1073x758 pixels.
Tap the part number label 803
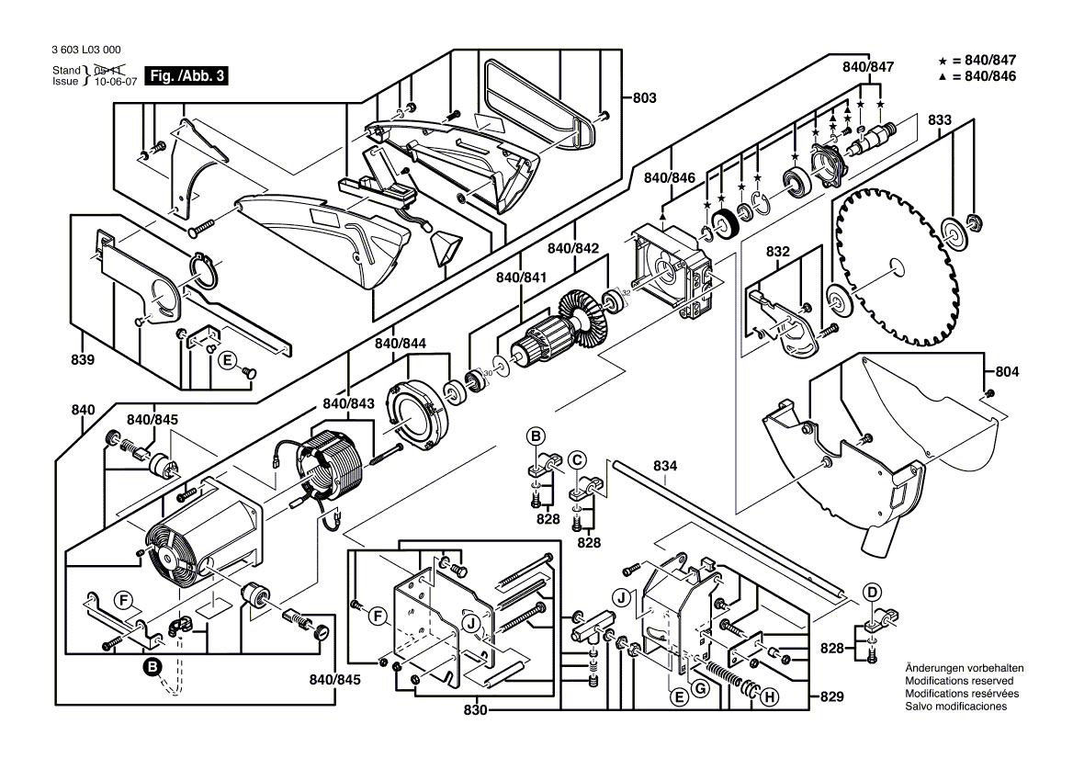tap(645, 97)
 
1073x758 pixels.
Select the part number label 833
tap(940, 119)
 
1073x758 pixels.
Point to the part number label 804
tap(1008, 372)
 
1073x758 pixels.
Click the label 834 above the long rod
tap(666, 467)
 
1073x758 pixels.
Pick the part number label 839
tap(82, 361)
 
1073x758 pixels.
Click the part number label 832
tap(778, 251)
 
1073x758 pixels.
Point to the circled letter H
tap(769, 697)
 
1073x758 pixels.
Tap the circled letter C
tap(577, 459)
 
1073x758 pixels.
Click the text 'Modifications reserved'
tap(960, 681)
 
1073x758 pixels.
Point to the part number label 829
tap(831, 697)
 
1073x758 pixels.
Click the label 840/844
tap(401, 343)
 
